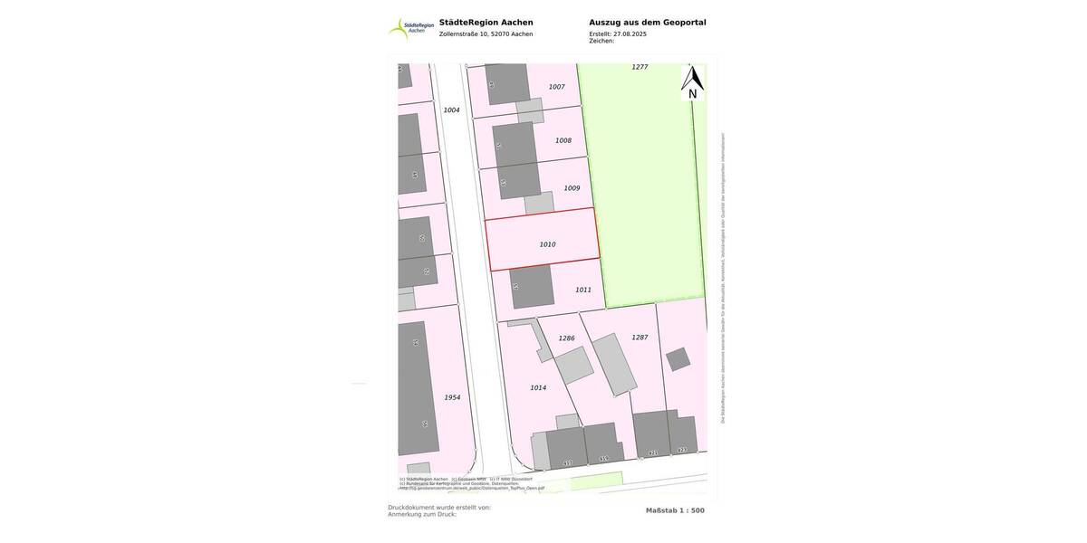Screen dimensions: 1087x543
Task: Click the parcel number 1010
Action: coord(547,244)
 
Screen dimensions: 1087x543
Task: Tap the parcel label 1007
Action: coord(556,87)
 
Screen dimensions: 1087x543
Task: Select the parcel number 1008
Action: coord(563,140)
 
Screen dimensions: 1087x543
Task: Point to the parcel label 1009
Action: coord(572,188)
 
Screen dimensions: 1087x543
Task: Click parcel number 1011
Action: coord(582,290)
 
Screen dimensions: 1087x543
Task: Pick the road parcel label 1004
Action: coord(451,110)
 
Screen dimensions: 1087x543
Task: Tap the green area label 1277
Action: coord(640,67)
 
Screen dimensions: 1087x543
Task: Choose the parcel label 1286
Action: coord(566,338)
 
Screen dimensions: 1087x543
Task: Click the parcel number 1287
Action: coord(640,338)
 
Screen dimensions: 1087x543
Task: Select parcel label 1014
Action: coord(538,388)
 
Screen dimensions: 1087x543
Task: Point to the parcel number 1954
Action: coord(452,397)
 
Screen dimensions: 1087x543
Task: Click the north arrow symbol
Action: coord(693,82)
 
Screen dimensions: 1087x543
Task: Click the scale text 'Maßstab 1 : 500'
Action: coord(675,510)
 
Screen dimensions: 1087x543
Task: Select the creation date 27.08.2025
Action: coord(630,34)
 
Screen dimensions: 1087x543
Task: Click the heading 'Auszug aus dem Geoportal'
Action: coord(647,23)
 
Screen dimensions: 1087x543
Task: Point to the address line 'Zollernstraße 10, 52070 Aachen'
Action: coord(486,34)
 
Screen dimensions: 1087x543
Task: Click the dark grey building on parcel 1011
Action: coord(532,287)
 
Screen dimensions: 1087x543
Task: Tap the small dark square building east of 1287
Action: coord(678,359)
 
